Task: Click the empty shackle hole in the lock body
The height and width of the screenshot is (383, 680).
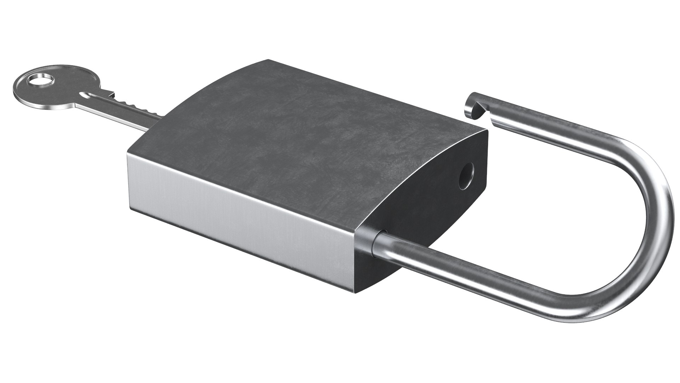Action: point(467,176)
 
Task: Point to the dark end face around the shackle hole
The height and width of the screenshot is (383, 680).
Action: point(425,199)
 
